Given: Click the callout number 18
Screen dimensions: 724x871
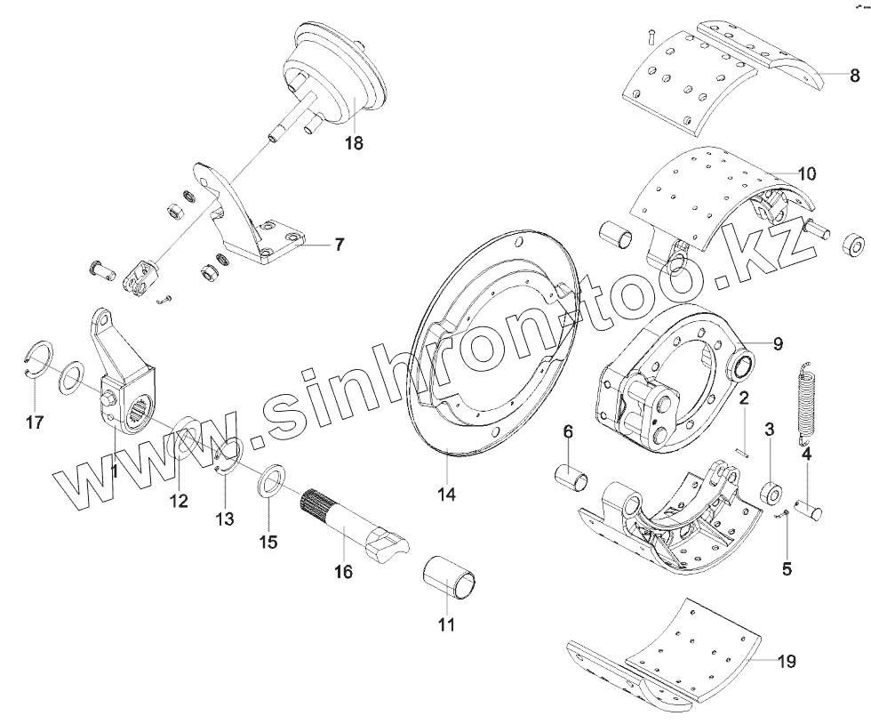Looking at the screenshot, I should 353,142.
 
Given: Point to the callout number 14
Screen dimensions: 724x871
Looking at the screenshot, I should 446,492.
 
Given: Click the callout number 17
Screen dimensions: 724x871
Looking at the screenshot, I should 34,422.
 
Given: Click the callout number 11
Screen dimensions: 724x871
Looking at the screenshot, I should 446,624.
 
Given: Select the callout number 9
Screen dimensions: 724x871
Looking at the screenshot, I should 778,344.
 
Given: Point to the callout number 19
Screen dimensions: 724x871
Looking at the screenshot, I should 786,661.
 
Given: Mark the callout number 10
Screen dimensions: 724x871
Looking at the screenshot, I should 806,173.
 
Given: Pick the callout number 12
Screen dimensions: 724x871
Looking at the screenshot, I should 179,501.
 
